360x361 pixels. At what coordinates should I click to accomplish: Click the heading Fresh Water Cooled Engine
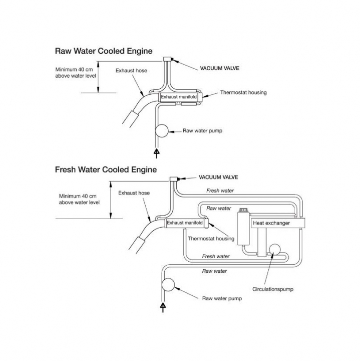click(106, 169)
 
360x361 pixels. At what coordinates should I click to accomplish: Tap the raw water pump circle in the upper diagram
click(162, 131)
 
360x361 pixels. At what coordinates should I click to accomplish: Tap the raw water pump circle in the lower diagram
click(168, 285)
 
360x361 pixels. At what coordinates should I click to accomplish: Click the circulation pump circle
click(274, 250)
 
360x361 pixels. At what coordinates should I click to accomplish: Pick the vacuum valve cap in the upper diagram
click(168, 60)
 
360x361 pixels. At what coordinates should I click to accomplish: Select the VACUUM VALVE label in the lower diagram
click(218, 177)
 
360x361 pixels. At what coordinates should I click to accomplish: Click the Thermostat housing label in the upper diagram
click(243, 92)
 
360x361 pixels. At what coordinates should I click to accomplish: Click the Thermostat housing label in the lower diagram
click(211, 238)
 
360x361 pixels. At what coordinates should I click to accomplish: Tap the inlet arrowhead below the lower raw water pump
click(162, 305)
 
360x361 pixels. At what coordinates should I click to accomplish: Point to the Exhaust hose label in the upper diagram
click(131, 70)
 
